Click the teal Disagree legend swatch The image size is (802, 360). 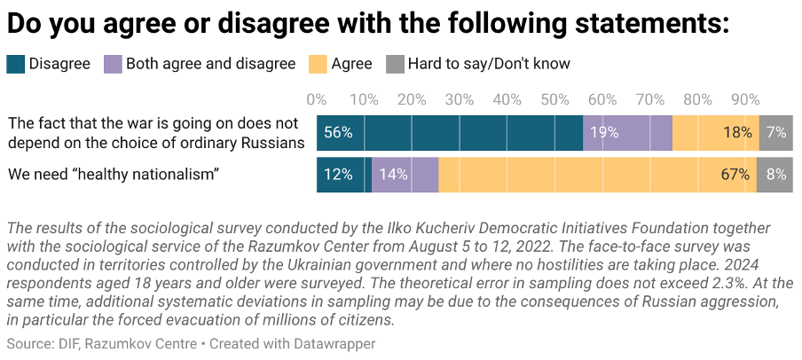[16, 64]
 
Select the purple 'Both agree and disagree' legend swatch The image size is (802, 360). [114, 64]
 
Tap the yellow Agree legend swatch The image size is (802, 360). [318, 64]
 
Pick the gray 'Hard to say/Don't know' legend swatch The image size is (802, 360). [395, 64]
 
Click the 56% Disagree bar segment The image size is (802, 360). [449, 132]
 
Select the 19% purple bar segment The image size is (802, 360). [627, 132]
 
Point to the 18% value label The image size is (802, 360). [737, 133]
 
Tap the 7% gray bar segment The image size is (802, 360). [776, 132]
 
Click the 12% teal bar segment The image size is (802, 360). [344, 175]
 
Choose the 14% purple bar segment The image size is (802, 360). [405, 175]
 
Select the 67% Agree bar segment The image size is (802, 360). [597, 175]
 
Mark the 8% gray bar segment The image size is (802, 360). [774, 175]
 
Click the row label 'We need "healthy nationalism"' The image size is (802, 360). [114, 175]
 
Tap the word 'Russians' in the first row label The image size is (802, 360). [276, 142]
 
